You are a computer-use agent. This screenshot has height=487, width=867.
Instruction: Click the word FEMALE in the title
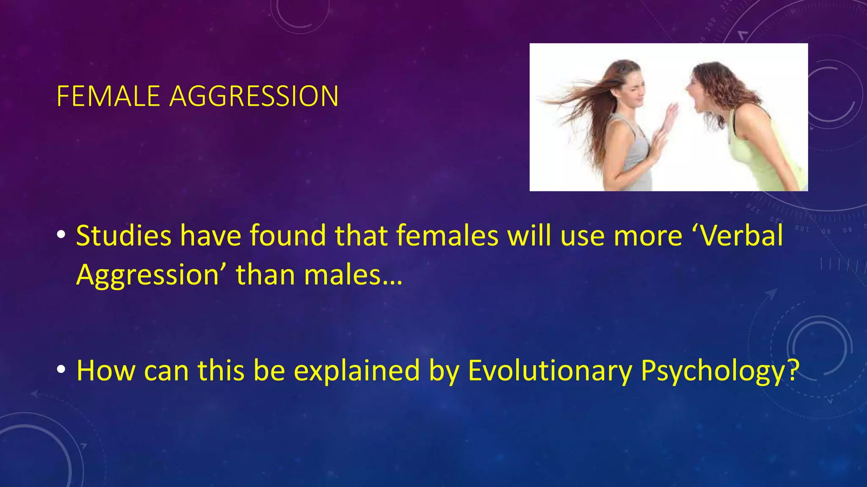[x=108, y=96]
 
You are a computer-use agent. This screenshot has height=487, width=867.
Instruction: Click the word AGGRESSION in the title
[x=254, y=96]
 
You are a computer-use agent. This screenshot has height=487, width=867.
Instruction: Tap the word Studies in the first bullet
[x=123, y=236]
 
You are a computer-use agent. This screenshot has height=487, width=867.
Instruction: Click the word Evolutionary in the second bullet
[x=550, y=371]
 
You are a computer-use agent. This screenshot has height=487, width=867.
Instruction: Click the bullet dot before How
[x=61, y=369]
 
